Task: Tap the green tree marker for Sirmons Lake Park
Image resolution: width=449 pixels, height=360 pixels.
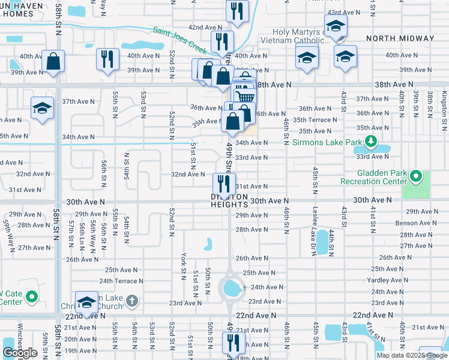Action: (371, 142)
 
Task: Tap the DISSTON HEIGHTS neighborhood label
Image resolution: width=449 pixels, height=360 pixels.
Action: (229, 200)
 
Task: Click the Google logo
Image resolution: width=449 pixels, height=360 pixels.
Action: (20, 353)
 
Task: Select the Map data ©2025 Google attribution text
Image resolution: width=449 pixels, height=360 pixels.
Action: (411, 355)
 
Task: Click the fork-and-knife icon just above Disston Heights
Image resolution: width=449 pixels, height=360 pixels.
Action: (222, 181)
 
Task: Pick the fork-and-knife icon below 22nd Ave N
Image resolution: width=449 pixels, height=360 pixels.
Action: (233, 342)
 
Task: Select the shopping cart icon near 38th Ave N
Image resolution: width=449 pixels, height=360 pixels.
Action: (244, 95)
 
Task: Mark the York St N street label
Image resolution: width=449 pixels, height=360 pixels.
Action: (183, 265)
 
